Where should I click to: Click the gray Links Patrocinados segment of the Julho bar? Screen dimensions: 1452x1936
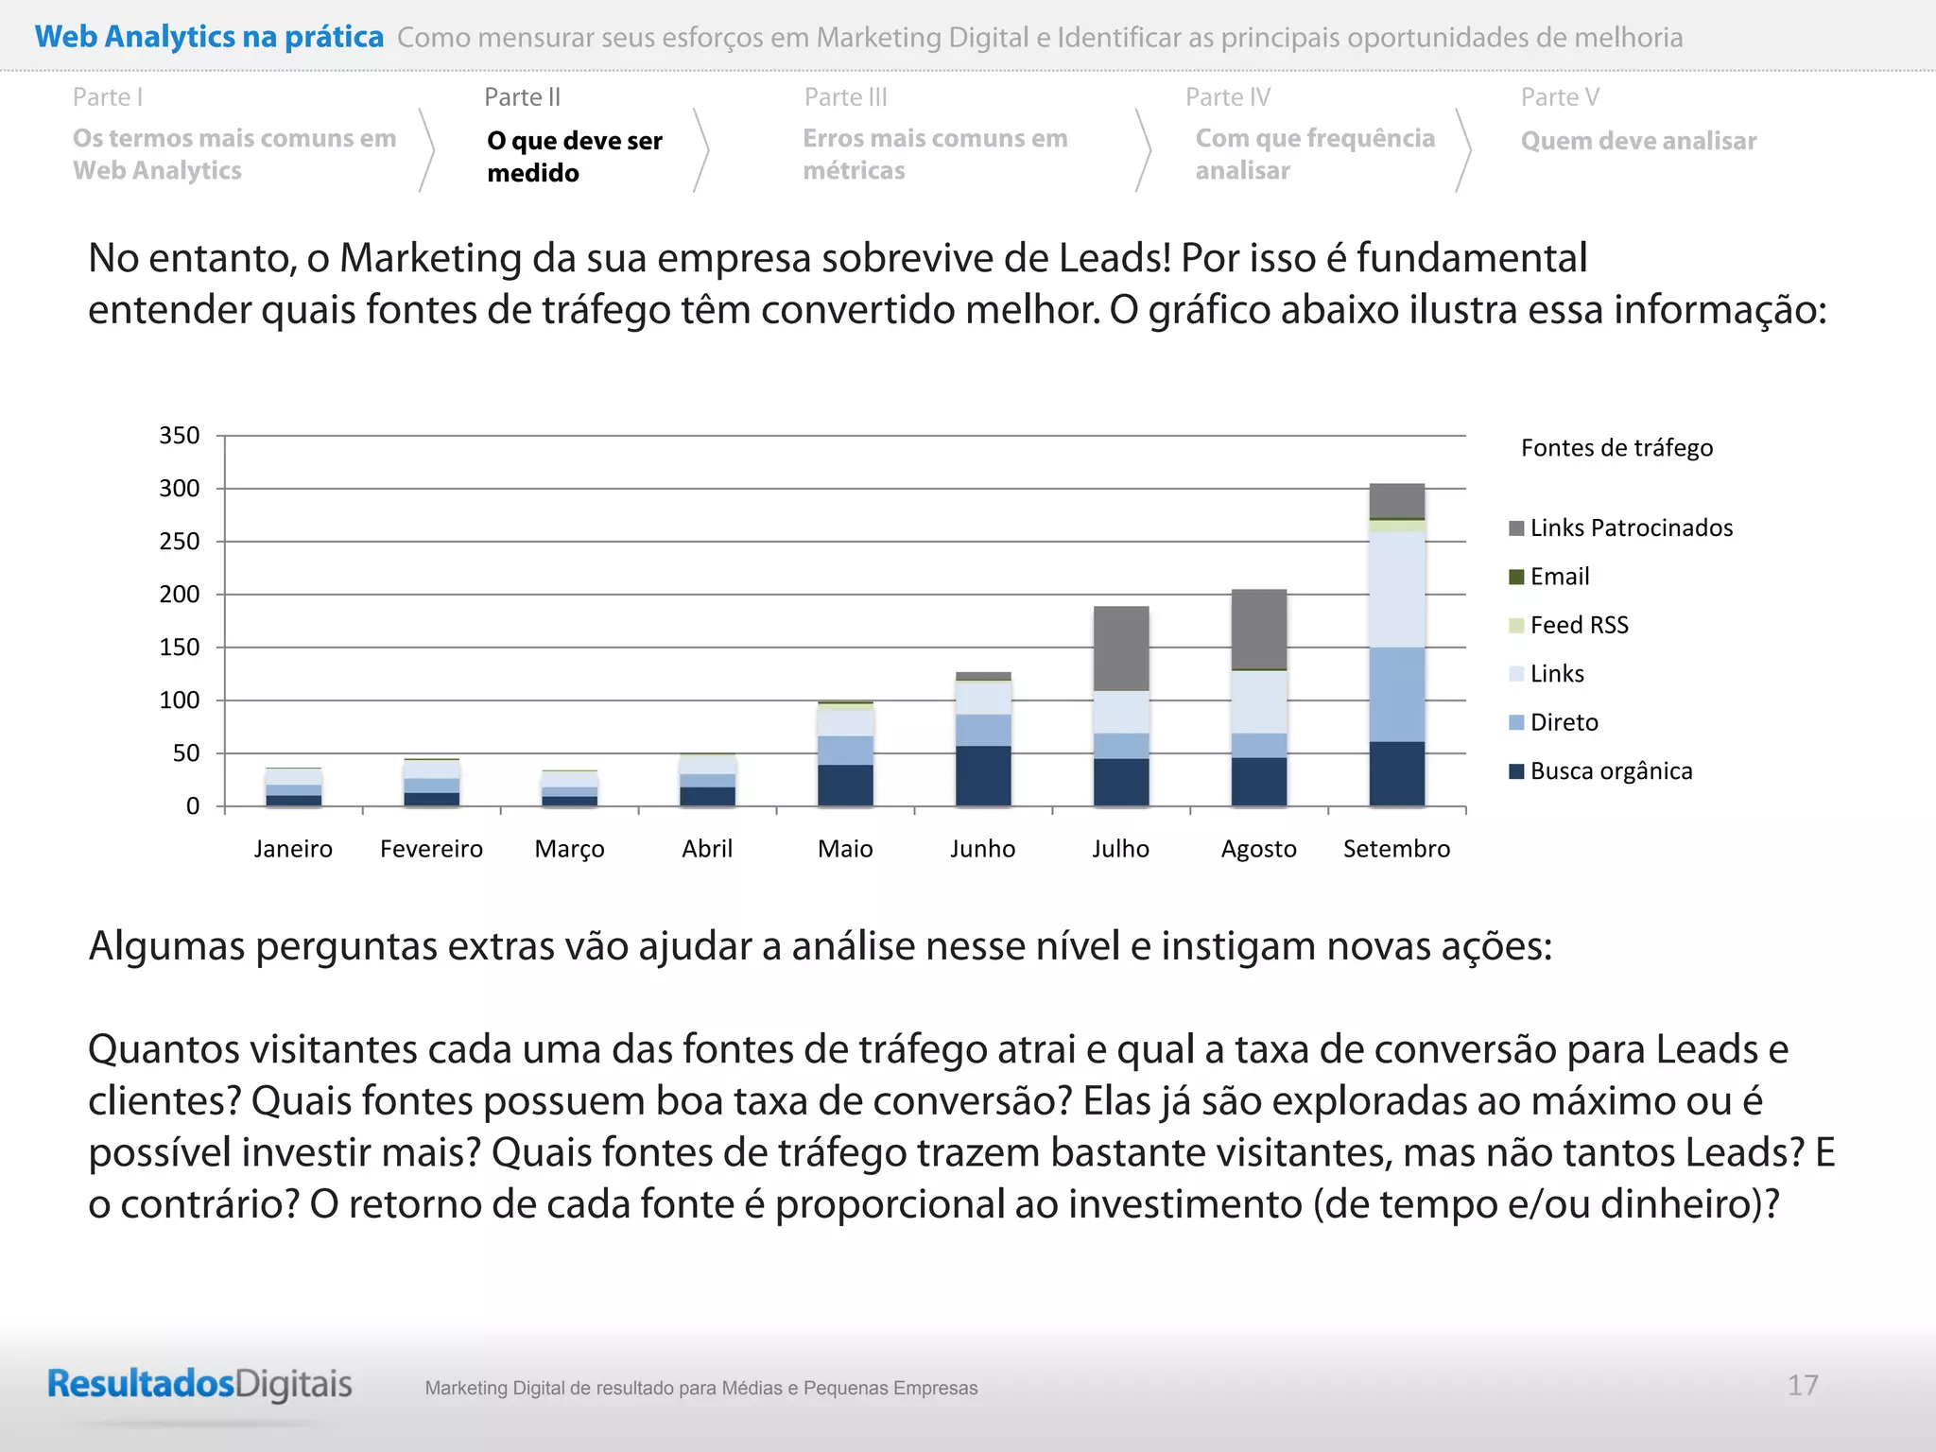click(1121, 648)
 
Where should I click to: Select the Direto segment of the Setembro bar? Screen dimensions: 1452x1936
click(1397, 695)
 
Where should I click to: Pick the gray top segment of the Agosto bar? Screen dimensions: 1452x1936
click(1259, 629)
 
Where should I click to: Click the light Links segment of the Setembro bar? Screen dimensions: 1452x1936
click(1397, 589)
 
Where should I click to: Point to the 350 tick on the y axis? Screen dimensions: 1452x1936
click(180, 436)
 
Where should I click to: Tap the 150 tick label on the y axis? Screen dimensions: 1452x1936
click(180, 648)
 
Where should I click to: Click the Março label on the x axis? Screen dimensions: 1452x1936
click(569, 849)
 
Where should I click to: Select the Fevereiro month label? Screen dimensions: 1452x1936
click(431, 849)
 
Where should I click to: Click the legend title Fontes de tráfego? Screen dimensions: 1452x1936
click(1616, 448)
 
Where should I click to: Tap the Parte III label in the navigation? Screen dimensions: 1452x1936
click(846, 97)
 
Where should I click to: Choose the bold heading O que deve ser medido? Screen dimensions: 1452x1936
click(575, 156)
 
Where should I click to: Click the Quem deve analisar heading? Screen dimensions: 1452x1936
click(1638, 141)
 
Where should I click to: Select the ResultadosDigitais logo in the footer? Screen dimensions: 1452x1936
click(199, 1385)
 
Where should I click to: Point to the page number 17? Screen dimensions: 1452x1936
click(1803, 1386)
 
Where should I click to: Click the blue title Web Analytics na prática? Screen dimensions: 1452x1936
click(209, 37)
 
